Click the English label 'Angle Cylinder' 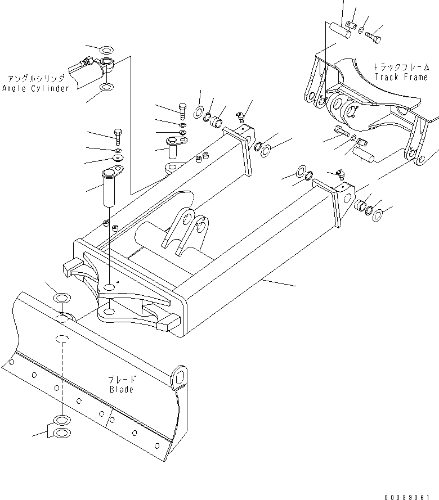35,88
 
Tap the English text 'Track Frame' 401,77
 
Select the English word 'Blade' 121,389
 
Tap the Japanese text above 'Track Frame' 401,67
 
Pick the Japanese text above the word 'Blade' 121,380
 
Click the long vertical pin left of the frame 109,186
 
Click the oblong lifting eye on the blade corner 179,377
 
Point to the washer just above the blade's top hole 61,296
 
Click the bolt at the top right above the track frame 373,38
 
